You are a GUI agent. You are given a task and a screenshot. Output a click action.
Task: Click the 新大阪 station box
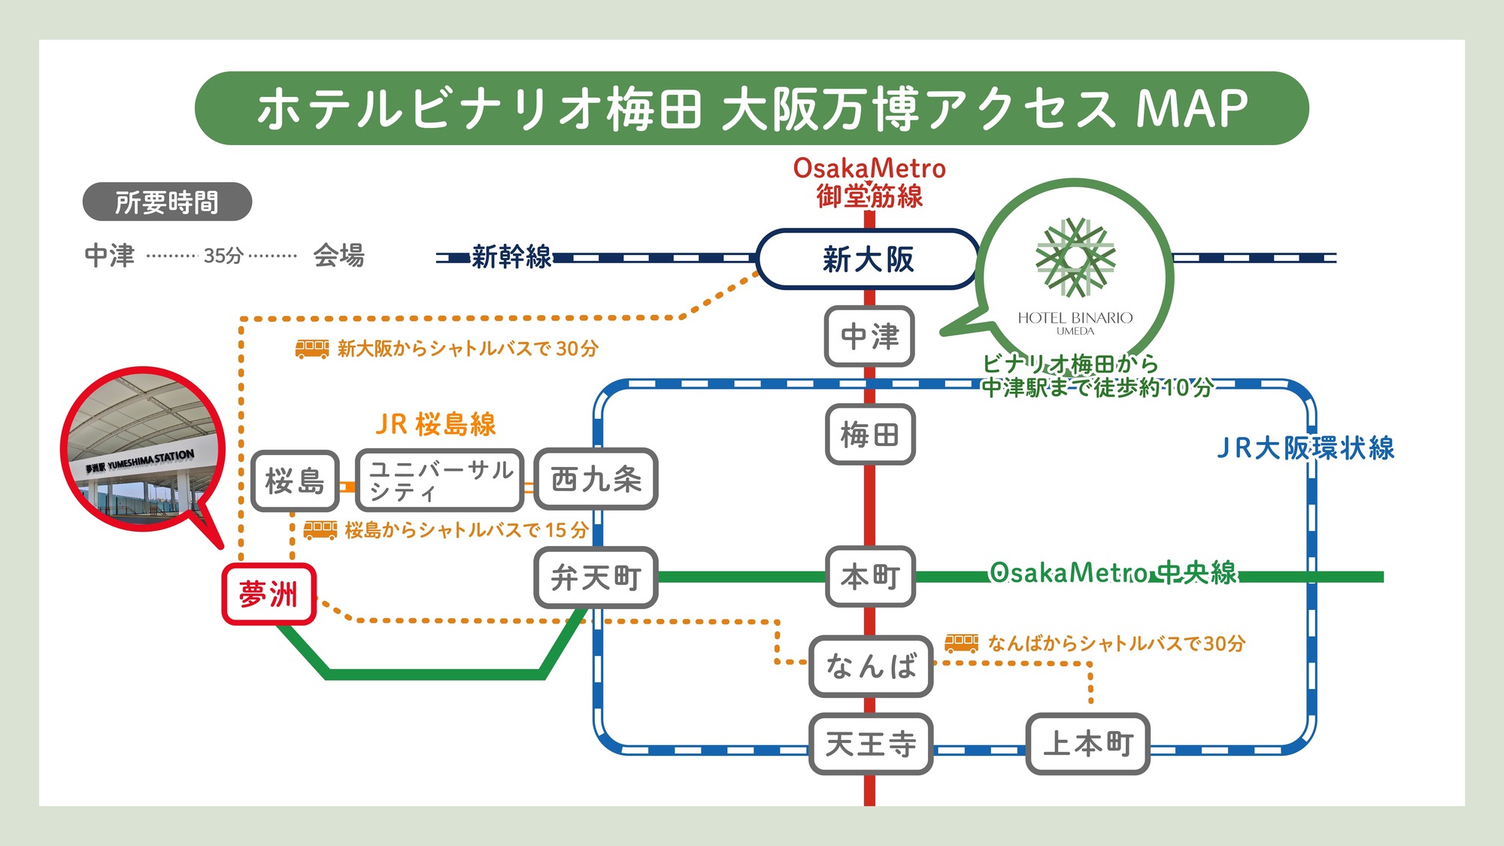[x=868, y=259]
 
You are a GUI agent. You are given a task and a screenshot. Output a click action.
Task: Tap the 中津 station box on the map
[x=869, y=336]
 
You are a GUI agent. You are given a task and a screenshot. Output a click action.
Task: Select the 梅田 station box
[x=869, y=435]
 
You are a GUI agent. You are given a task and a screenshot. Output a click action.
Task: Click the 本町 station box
[x=870, y=577]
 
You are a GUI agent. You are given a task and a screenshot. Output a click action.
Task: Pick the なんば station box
[x=871, y=666]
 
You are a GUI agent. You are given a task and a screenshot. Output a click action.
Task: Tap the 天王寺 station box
[x=870, y=744]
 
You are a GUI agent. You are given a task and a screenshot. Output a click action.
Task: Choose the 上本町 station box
[x=1087, y=744]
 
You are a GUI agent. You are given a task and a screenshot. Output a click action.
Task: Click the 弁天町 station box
[x=596, y=578]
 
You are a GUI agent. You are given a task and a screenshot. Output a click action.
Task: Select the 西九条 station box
[x=596, y=480]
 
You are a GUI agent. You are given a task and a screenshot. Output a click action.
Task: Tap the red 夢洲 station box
[x=268, y=594]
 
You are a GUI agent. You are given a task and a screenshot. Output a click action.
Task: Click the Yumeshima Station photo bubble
[x=143, y=450]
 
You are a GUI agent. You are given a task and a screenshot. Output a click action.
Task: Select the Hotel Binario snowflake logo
[x=1075, y=258]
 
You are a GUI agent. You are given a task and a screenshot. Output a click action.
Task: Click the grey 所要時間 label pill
[x=167, y=202]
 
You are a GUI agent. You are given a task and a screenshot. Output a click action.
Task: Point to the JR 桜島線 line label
[x=435, y=424]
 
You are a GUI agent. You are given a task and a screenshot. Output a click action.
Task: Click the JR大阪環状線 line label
[x=1305, y=448]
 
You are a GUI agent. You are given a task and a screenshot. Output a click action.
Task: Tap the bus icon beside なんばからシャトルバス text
[x=961, y=643]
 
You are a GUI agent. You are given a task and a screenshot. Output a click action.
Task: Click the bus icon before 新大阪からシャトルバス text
[x=311, y=348]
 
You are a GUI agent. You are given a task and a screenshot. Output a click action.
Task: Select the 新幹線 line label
[x=511, y=257]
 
